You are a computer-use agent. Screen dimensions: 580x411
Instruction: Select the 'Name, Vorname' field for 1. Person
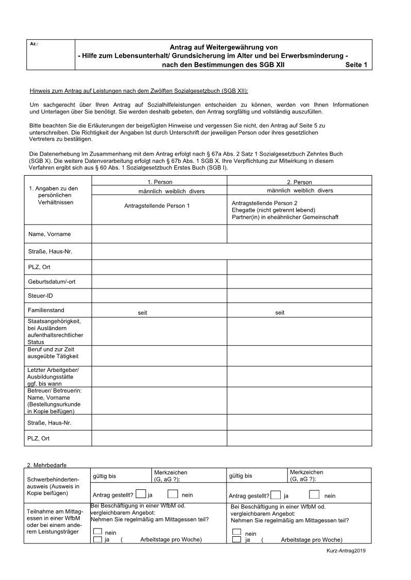click(x=159, y=234)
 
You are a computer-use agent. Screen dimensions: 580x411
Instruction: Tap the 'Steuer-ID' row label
click(x=40, y=296)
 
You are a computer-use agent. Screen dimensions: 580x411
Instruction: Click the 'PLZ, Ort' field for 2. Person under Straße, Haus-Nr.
click(x=299, y=268)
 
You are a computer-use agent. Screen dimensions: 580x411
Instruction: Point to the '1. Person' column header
click(x=160, y=182)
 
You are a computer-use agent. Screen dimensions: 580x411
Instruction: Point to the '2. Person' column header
click(x=299, y=182)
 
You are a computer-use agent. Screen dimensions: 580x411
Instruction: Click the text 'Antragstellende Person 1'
click(x=157, y=206)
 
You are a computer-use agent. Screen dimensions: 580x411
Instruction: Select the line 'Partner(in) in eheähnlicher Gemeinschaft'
click(x=285, y=217)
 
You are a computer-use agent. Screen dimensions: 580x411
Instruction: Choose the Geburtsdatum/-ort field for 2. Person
click(x=299, y=282)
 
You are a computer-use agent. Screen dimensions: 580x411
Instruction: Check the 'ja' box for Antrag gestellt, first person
click(x=141, y=494)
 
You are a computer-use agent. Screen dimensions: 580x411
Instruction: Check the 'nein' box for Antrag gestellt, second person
click(x=314, y=494)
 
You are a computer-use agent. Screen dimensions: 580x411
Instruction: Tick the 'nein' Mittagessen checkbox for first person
click(x=97, y=531)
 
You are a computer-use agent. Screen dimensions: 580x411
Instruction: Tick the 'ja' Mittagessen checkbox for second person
click(x=237, y=539)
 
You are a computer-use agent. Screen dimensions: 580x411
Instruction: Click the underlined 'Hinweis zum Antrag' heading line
click(x=139, y=91)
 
